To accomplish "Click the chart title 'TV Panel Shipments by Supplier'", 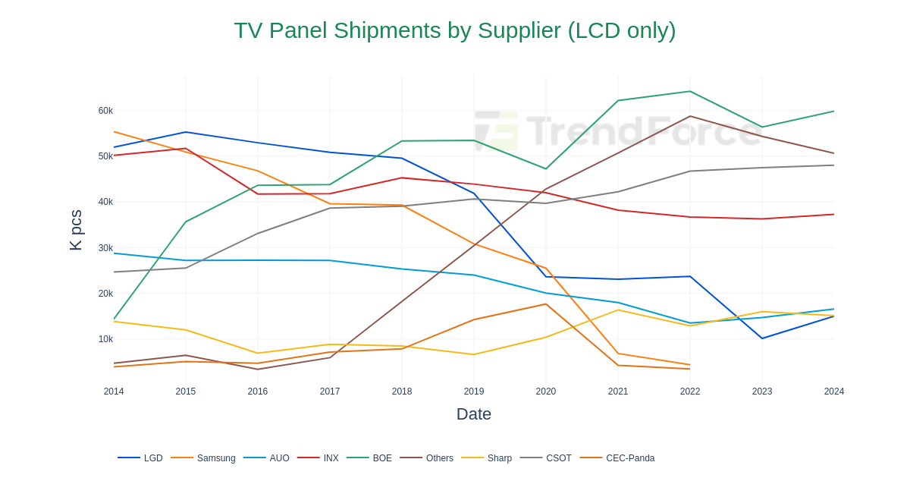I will point(454,30).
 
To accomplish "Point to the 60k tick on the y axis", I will point(105,111).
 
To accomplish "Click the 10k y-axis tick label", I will point(105,339).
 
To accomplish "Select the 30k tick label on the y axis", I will point(105,248).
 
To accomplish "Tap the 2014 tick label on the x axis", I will point(114,392).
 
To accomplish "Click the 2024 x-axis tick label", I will point(834,392).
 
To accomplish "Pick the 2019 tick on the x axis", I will point(474,392).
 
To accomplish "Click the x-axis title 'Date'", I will point(474,414).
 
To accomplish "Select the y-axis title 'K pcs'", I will point(76,230).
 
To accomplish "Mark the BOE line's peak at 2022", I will point(690,92).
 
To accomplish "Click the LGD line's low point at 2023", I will point(762,338).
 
